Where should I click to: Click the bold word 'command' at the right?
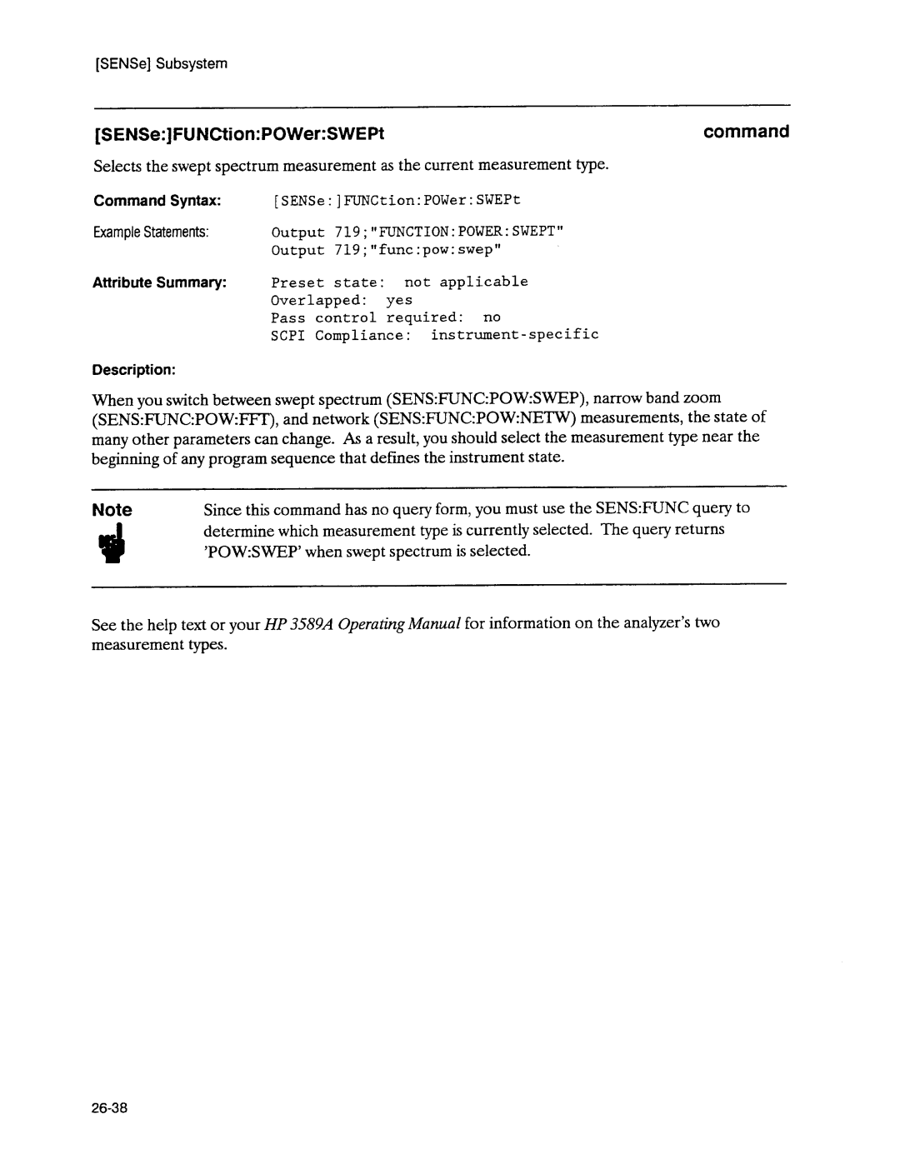click(x=745, y=132)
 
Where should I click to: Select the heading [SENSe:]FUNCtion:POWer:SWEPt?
click(x=239, y=133)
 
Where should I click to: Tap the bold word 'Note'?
click(x=112, y=510)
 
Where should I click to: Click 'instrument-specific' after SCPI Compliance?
click(x=514, y=334)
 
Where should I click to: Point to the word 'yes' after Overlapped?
click(x=399, y=300)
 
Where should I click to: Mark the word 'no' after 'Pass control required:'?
click(x=492, y=317)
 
